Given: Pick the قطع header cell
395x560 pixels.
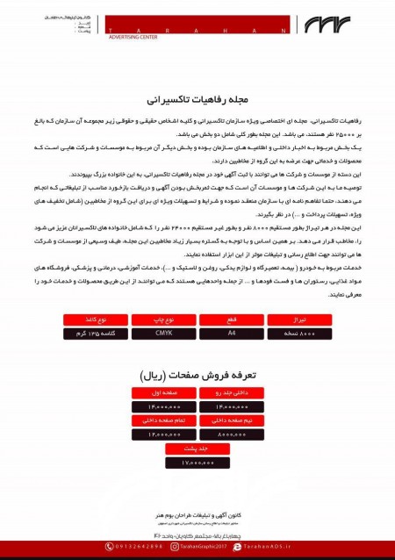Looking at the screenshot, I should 231,320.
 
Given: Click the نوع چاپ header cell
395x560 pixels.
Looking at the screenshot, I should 163,320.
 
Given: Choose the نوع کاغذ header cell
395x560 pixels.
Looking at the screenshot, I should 96,320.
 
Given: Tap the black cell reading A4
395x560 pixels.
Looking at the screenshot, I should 231,334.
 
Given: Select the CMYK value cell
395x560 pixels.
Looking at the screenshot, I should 163,334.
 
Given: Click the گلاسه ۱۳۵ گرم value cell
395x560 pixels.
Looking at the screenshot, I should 96,334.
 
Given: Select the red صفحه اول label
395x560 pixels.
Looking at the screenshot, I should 164,392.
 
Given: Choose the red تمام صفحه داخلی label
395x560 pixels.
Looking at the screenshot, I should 164,420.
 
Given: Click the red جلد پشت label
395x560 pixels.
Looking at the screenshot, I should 197,449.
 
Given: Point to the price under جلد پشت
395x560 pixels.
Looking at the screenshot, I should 197,462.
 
